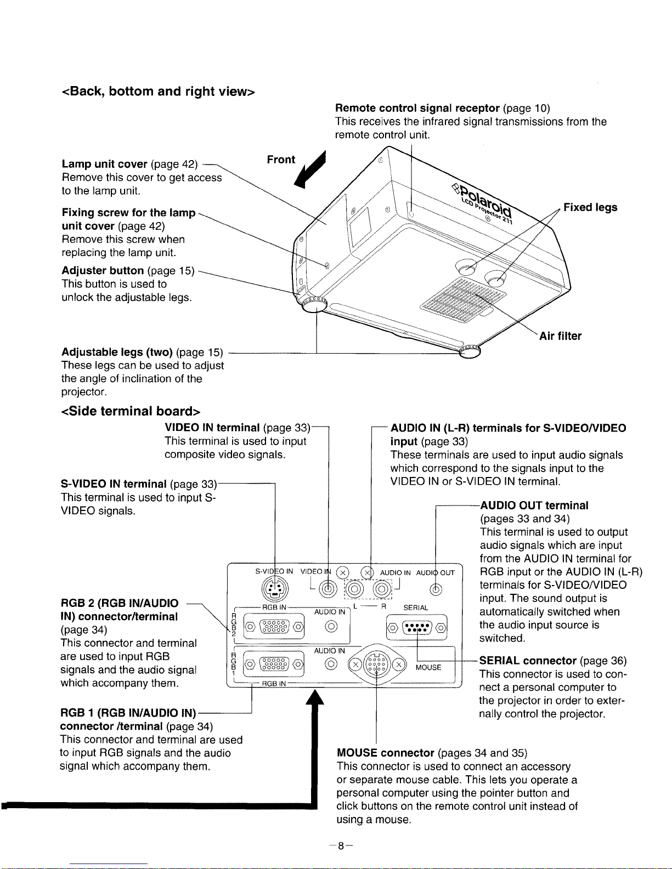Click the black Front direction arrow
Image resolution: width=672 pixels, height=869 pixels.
pos(310,169)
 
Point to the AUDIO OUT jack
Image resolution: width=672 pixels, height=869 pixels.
pos(436,589)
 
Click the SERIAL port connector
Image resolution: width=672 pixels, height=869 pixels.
pos(417,628)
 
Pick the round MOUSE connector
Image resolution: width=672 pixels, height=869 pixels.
pos(376,664)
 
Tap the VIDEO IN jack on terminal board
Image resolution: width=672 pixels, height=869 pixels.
pos(328,589)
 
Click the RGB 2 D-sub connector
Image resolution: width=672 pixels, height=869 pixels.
pos(274,626)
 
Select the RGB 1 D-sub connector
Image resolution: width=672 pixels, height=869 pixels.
pos(274,664)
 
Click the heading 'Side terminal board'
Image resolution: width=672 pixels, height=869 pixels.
pos(131,411)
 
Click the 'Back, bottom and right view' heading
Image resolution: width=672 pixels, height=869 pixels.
pos(159,92)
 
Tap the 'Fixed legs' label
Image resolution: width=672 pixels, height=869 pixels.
pos(590,207)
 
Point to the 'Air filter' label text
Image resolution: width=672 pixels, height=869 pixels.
pos(561,336)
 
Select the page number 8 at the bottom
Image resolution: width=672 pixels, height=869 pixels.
pos(341,846)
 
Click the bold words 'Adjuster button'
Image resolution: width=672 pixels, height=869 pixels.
pos(103,271)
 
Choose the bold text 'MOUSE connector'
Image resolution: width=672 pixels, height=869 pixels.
pos(386,753)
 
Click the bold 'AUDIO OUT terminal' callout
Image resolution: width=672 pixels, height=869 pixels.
pos(534,506)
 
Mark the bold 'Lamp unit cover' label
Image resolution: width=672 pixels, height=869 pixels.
pos(104,164)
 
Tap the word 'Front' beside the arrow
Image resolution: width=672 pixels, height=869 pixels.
pos(281,160)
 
